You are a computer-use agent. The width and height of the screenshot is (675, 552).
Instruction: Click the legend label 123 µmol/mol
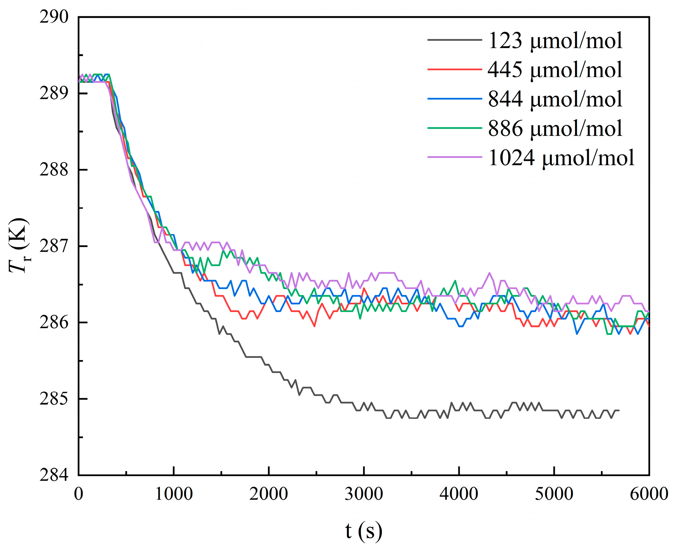point(555,40)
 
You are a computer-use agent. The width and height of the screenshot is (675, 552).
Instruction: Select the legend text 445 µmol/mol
point(555,69)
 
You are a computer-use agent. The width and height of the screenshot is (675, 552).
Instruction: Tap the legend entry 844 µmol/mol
point(555,99)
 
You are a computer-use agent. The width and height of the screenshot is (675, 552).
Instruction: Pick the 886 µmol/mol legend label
point(555,128)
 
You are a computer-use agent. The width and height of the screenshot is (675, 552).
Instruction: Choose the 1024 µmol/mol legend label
point(561,157)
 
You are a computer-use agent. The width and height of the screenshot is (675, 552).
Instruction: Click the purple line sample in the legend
point(454,157)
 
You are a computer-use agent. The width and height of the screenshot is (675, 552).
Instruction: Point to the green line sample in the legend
point(454,128)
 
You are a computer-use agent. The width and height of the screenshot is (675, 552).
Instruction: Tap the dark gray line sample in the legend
point(454,40)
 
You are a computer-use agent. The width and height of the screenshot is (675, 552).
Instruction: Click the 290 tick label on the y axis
point(54,17)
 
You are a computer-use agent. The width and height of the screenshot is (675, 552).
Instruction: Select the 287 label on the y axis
point(54,246)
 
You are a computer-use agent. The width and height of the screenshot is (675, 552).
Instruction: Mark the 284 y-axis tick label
point(54,475)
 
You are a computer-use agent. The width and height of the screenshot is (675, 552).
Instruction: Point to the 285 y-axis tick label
point(54,398)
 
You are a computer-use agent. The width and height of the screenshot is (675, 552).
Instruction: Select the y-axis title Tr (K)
point(19,245)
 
